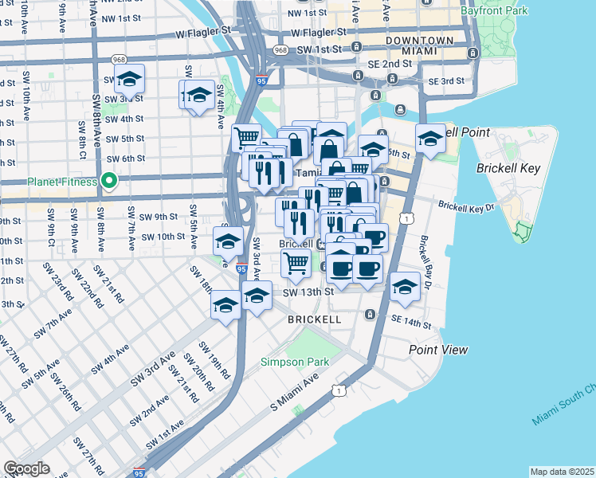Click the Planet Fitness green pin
(111, 182)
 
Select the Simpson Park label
(295, 362)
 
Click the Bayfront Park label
(493, 12)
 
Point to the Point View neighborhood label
(438, 350)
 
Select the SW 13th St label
(308, 292)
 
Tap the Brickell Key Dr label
(466, 206)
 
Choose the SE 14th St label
(411, 325)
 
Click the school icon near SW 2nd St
(128, 80)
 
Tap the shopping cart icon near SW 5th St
(246, 138)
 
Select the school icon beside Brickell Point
(430, 140)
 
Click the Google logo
(26, 468)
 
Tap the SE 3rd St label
(446, 81)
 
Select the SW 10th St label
(163, 237)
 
